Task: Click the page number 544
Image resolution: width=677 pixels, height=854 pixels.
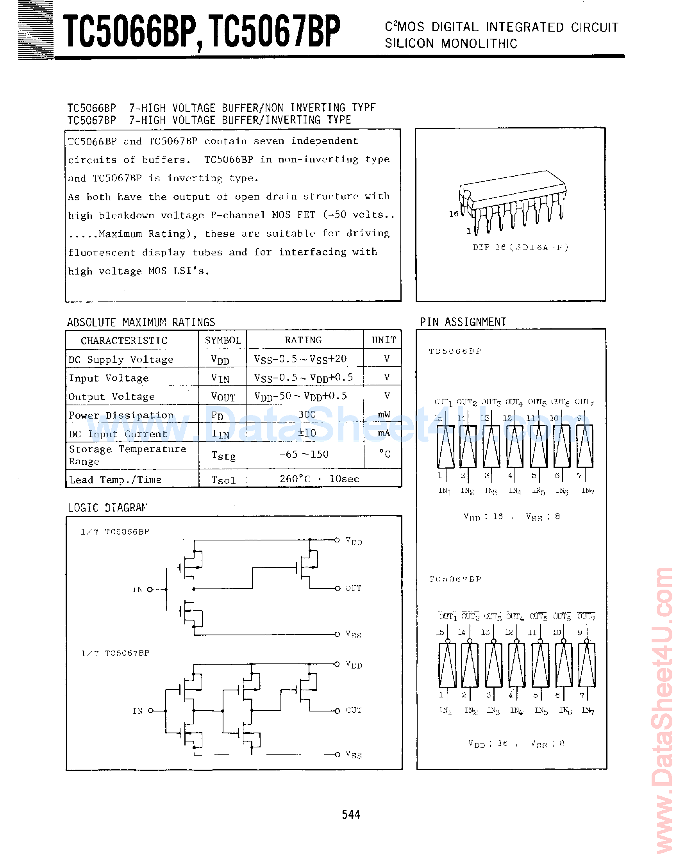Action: (351, 815)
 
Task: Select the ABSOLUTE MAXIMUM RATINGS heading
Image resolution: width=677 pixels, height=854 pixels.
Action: (141, 322)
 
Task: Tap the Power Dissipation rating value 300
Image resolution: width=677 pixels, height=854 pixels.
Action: (307, 414)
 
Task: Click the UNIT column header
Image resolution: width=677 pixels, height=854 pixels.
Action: (383, 340)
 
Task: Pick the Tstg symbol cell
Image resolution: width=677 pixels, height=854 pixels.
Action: (223, 456)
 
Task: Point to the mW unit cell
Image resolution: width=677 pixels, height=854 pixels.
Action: (384, 414)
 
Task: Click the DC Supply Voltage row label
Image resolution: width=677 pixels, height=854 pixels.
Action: (121, 359)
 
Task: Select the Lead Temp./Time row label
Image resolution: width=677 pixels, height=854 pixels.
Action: (115, 480)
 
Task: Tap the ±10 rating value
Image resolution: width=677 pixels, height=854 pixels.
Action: (307, 433)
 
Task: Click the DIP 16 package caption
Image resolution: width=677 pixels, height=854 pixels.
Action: (520, 247)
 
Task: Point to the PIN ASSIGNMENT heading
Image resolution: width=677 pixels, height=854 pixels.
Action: (463, 322)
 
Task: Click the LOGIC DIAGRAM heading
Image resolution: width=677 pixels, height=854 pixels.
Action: (107, 507)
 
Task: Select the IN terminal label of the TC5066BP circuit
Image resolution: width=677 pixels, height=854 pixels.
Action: (137, 589)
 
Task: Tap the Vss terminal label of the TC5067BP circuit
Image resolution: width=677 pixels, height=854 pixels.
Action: (354, 754)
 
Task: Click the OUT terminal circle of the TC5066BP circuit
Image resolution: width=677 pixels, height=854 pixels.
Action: (337, 588)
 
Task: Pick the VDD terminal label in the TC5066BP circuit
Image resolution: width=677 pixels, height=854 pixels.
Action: (354, 541)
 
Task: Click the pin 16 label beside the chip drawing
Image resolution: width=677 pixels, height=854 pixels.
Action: (454, 214)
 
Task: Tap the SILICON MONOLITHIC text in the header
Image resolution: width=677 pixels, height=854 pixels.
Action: (451, 43)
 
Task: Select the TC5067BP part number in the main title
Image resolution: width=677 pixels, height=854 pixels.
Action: (273, 31)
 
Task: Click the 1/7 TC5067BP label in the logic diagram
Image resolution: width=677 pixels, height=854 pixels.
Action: (115, 653)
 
